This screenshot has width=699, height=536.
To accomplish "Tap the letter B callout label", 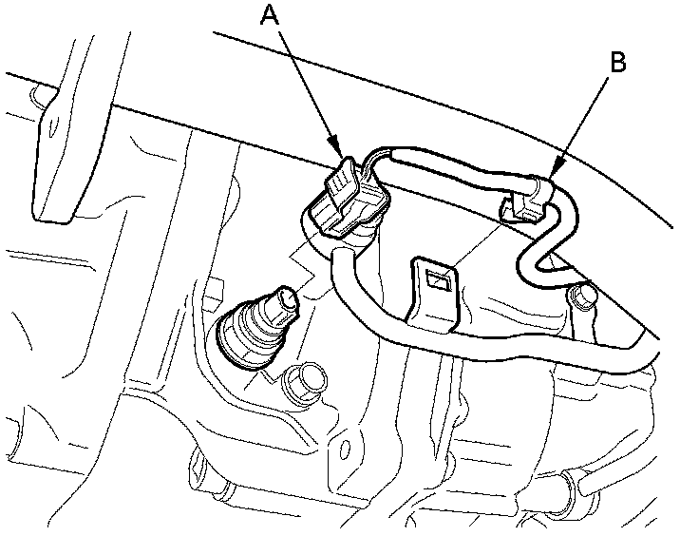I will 617,63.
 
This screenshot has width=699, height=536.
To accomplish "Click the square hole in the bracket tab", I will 438,279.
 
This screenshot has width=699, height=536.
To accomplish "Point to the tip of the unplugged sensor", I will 285,302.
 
